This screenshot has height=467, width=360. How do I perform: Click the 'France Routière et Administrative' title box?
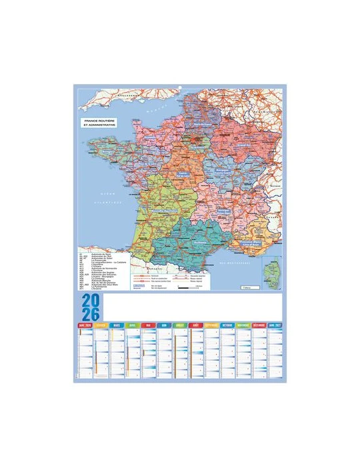(x=99, y=124)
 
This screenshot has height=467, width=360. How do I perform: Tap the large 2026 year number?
(x=91, y=308)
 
